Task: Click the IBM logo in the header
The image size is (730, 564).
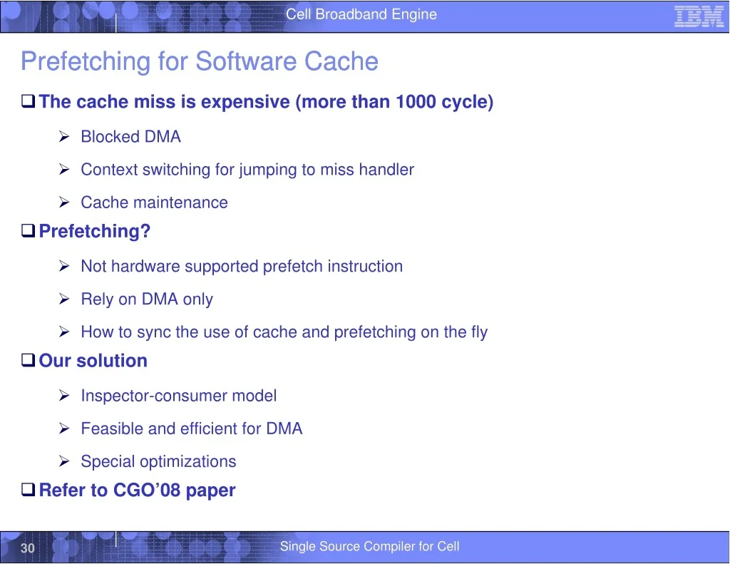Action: [x=699, y=17]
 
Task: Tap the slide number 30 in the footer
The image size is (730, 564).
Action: [x=28, y=548]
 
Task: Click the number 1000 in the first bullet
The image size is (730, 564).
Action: [x=416, y=101]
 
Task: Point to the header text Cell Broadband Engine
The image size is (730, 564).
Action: [x=361, y=14]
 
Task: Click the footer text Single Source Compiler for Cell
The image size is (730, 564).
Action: [x=370, y=546]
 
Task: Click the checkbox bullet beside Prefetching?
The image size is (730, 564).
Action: [x=28, y=230]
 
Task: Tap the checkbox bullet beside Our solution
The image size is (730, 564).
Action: [x=28, y=360]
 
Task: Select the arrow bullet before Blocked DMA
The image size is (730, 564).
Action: [x=64, y=136]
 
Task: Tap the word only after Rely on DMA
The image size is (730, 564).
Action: [x=198, y=299]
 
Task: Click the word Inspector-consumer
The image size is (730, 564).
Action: [x=154, y=396]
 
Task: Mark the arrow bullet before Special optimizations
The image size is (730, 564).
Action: [x=64, y=461]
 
